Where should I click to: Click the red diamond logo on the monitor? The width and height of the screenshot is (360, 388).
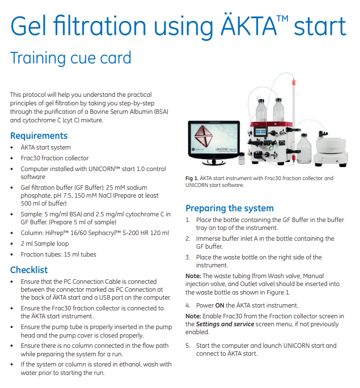point(204,136)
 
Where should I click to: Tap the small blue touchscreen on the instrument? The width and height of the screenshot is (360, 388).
point(261,131)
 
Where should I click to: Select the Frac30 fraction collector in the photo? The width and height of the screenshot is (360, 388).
point(331,148)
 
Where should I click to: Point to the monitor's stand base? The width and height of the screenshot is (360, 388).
point(214,163)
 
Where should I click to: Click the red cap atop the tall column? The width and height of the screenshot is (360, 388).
point(294,82)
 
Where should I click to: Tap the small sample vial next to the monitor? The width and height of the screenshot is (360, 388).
point(242,159)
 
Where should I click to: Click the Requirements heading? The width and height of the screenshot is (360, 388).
point(39,136)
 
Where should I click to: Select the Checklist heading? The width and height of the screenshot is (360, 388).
point(29,270)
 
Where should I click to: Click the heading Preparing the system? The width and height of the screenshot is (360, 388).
point(230,208)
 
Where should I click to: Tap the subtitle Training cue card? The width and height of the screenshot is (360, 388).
point(70,58)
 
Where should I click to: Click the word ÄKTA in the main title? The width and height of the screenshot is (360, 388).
point(248,25)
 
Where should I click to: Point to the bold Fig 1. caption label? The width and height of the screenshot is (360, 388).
point(192,178)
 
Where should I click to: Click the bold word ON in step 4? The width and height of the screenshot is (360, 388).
point(219,306)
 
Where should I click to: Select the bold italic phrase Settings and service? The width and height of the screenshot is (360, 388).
point(225,324)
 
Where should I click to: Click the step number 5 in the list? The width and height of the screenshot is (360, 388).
point(188,346)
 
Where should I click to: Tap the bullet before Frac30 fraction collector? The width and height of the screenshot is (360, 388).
point(12,159)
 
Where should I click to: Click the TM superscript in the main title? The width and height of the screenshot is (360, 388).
point(282,19)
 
